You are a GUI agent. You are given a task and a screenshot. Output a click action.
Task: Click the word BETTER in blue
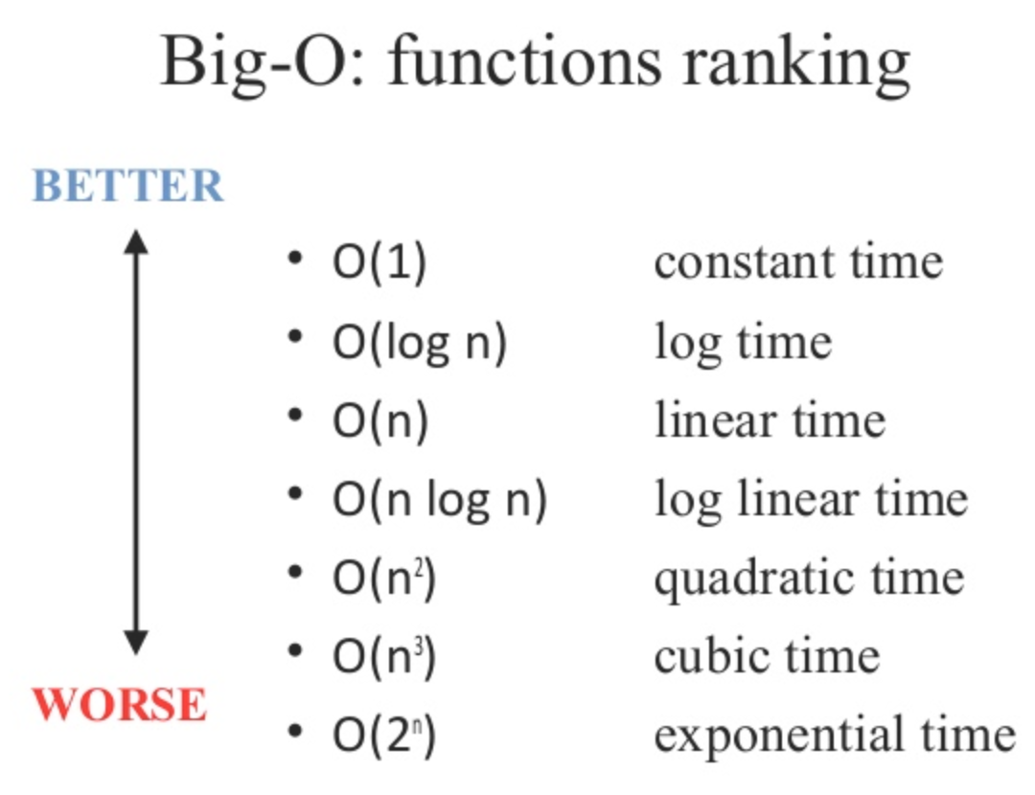[x=128, y=186]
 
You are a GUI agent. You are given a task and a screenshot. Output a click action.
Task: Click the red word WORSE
[x=121, y=705]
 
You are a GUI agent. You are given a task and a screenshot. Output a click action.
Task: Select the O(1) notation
[x=379, y=263]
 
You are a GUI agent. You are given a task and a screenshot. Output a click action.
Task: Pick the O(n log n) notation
[x=440, y=501]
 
